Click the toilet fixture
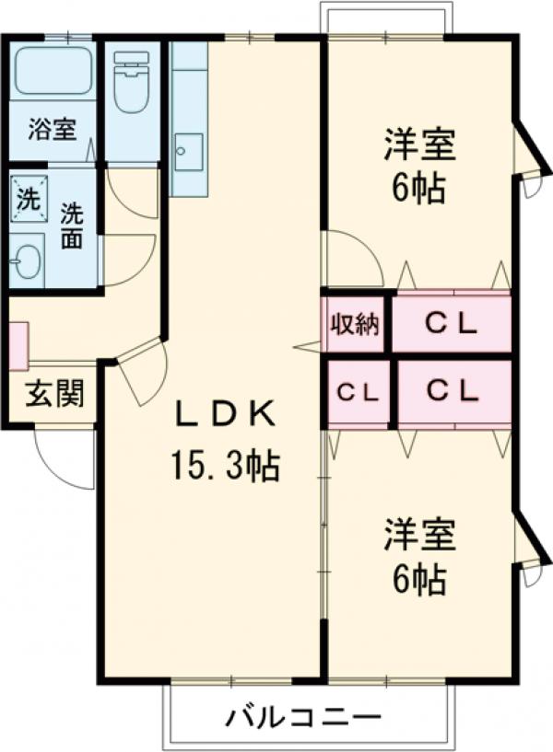point(131,74)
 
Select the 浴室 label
point(51,130)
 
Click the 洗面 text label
point(72,226)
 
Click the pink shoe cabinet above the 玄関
point(18,340)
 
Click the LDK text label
point(225,416)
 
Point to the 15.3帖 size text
point(224,468)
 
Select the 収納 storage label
point(356,324)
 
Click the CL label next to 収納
point(451,324)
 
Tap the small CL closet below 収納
point(358,392)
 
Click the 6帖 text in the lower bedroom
point(419,580)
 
